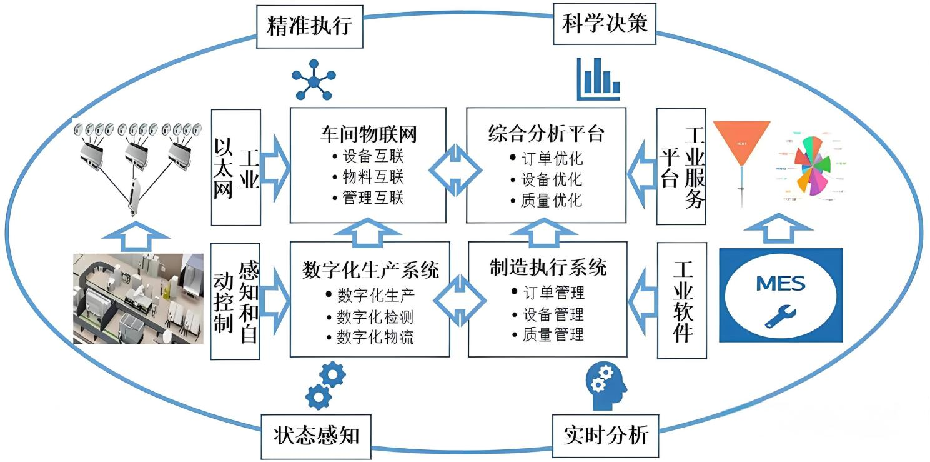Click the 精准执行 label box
(x=310, y=26)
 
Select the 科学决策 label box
(x=605, y=24)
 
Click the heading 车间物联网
(x=368, y=134)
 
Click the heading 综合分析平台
(x=546, y=134)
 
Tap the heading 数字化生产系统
(x=370, y=269)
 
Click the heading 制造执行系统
(x=548, y=268)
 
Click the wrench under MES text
(x=779, y=316)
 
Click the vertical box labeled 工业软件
(x=682, y=300)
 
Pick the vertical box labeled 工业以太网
(x=235, y=168)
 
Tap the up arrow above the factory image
(x=136, y=236)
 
